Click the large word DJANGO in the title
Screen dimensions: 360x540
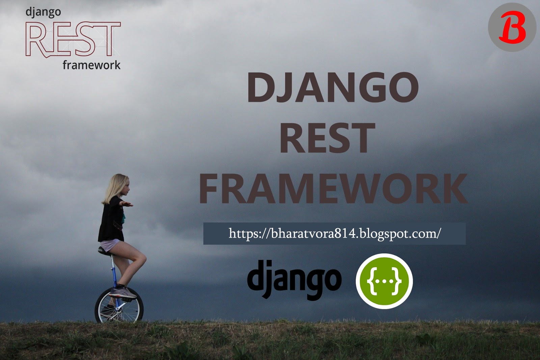point(333,87)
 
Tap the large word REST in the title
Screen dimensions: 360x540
point(327,138)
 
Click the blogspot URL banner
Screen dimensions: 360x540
point(334,233)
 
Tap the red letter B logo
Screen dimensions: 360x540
point(512,27)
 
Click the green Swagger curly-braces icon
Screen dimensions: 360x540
point(384,281)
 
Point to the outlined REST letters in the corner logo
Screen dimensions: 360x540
point(73,39)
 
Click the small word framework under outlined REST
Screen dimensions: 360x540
point(91,65)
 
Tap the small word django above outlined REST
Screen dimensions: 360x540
point(43,12)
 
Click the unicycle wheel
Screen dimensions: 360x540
point(119,306)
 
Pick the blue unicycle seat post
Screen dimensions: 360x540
point(114,270)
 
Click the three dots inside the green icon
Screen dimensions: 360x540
point(384,281)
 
